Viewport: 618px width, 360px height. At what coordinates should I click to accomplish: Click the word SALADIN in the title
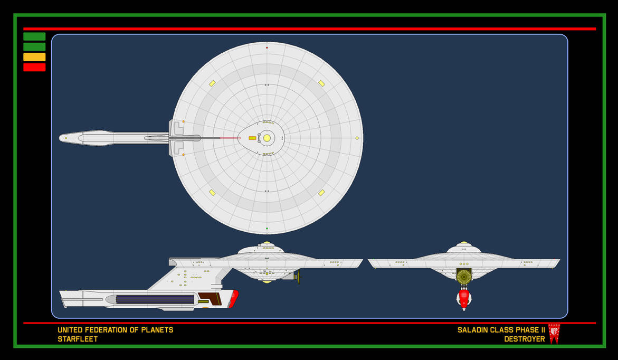pos(476,330)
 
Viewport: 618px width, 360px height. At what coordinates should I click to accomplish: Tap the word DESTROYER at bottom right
pos(524,339)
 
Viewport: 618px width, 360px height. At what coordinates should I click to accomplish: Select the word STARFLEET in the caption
pos(78,339)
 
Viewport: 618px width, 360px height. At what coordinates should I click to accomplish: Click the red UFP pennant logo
pos(554,333)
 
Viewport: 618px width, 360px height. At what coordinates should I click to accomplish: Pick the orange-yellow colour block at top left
pos(34,57)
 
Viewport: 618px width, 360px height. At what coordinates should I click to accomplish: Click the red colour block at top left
pos(34,67)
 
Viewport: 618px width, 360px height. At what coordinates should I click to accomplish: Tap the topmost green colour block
pos(34,36)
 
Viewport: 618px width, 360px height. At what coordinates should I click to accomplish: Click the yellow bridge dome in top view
pos(267,138)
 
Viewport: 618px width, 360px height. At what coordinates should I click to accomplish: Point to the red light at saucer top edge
pos(267,48)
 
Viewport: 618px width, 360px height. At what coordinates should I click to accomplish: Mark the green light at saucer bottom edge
pos(267,229)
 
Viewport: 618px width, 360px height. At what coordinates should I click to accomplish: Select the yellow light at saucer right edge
pos(357,138)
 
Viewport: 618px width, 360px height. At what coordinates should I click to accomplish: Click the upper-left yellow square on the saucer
pos(212,83)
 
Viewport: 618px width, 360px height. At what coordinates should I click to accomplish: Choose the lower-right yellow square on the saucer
pos(321,193)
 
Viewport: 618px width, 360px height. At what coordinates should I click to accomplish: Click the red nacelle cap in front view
pos(464,298)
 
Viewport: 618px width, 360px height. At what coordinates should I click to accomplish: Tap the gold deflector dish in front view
pos(464,277)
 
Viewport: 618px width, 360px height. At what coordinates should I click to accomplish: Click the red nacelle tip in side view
pos(234,298)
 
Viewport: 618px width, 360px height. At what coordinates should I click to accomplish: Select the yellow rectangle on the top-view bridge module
pos(252,138)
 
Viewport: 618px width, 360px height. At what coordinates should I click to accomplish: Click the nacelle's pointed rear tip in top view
pos(61,138)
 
